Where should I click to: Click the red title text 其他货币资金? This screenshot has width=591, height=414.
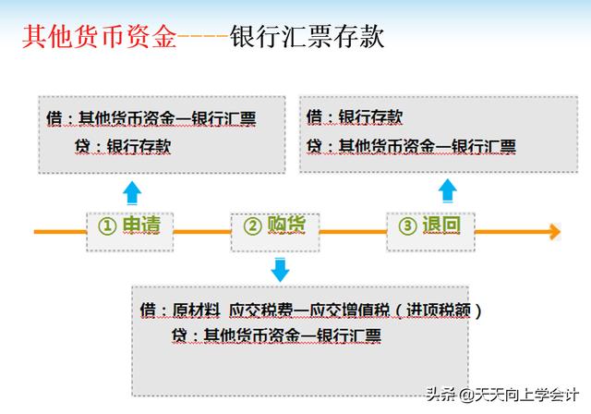[x=100, y=37]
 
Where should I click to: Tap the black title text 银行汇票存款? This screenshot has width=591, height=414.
[x=308, y=37]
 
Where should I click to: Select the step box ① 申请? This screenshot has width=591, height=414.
[x=130, y=232]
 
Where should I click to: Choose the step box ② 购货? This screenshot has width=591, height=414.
[x=275, y=232]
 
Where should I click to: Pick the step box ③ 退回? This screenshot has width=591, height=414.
[x=430, y=232]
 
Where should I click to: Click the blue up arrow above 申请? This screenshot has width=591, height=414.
[x=132, y=192]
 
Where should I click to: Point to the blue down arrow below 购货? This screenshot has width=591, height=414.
[x=281, y=270]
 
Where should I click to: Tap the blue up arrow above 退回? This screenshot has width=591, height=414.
[x=448, y=190]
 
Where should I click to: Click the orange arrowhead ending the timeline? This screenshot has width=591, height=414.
[x=555, y=232]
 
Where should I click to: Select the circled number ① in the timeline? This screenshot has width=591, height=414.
[x=107, y=225]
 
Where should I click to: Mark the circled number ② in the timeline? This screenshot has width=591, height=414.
[x=252, y=226]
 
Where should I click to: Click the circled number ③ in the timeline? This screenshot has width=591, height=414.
[x=407, y=225]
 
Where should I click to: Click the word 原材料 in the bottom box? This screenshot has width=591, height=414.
[x=197, y=310]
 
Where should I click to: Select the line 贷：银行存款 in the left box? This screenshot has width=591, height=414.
[x=123, y=146]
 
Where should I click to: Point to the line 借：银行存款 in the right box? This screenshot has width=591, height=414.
[x=355, y=116]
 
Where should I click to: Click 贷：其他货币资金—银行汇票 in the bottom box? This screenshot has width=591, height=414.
[x=276, y=335]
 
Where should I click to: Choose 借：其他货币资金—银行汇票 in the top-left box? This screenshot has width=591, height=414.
[x=151, y=118]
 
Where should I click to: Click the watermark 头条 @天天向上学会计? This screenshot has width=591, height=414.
[x=502, y=395]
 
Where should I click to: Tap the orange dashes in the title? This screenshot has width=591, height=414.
[x=203, y=37]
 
